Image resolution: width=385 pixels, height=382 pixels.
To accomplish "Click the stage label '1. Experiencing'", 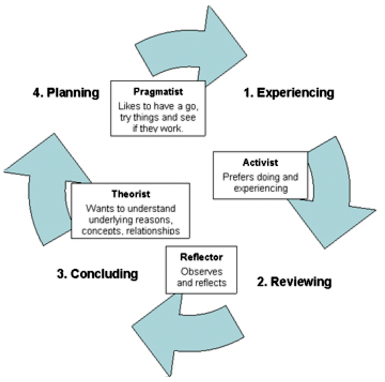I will pyautogui.click(x=288, y=93).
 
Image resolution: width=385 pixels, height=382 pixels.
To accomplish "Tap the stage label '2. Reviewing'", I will pyautogui.click(x=294, y=282).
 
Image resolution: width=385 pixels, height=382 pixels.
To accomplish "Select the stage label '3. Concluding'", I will pyautogui.click(x=97, y=273).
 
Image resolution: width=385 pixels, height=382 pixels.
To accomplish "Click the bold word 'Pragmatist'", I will pyautogui.click(x=158, y=92).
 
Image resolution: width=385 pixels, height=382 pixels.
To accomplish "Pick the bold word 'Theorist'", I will pyautogui.click(x=130, y=194).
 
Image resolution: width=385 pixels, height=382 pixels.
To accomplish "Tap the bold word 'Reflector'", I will pyautogui.click(x=194, y=257).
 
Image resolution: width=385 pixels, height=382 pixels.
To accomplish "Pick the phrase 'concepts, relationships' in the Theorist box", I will pyautogui.click(x=130, y=231).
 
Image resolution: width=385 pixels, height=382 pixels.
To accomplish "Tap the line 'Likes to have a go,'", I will pyautogui.click(x=158, y=105).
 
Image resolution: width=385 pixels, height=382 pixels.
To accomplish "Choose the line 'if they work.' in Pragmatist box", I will pyautogui.click(x=158, y=127).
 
